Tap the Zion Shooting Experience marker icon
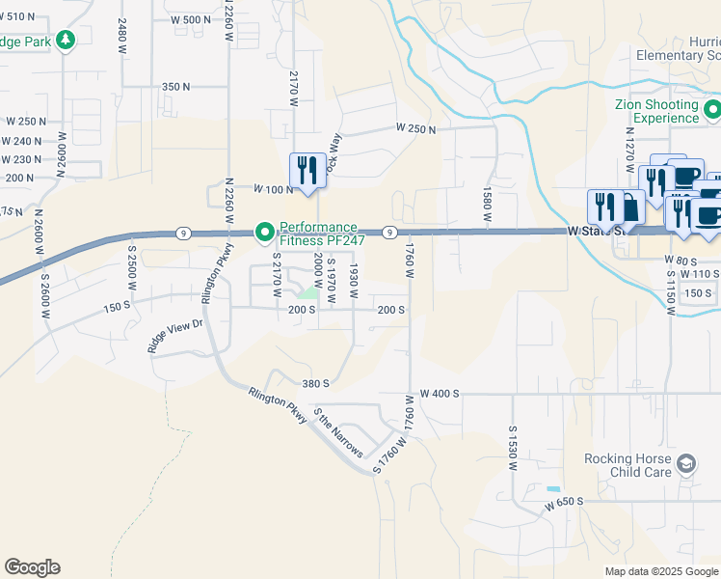711,106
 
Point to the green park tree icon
65,41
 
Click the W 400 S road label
441,394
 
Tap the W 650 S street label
565,504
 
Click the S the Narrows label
339,432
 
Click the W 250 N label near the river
415,128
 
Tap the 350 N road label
176,87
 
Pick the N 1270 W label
629,150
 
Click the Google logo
32,567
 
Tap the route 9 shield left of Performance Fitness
182,233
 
